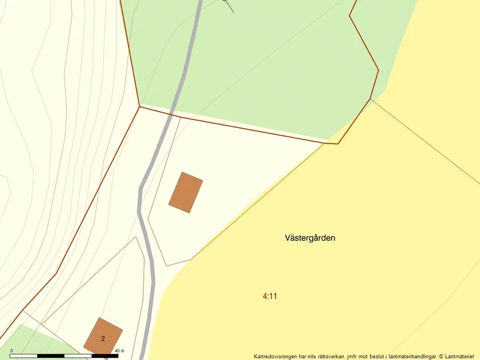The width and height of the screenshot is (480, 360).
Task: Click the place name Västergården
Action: point(310,238)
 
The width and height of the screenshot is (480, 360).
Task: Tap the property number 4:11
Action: point(270,296)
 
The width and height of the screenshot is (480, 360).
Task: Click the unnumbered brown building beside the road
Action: point(186,193)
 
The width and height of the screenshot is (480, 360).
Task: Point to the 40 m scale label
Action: point(120,351)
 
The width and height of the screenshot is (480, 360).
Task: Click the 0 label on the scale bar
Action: point(12,351)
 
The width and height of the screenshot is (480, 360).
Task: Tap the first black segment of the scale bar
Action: point(24,355)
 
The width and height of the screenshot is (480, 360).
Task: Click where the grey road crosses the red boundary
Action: point(171,112)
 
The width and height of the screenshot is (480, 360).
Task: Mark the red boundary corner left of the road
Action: point(140,106)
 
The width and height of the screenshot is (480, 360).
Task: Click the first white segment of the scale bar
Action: point(51,355)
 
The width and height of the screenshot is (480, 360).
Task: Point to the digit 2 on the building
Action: point(103,338)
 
